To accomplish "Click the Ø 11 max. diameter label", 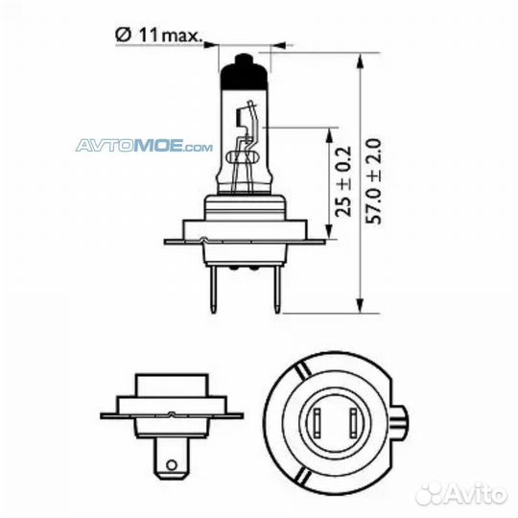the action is [x=158, y=35].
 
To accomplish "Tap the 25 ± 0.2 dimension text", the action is [x=342, y=182].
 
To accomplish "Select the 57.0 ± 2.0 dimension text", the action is [x=374, y=181].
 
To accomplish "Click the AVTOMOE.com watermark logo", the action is [x=144, y=146].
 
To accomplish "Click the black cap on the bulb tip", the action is [x=244, y=73].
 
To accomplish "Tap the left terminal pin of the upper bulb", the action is [x=213, y=289].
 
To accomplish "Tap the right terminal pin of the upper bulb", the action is [x=277, y=289].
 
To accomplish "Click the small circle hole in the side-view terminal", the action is [x=171, y=465].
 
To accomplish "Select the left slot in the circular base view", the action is [x=318, y=422].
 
